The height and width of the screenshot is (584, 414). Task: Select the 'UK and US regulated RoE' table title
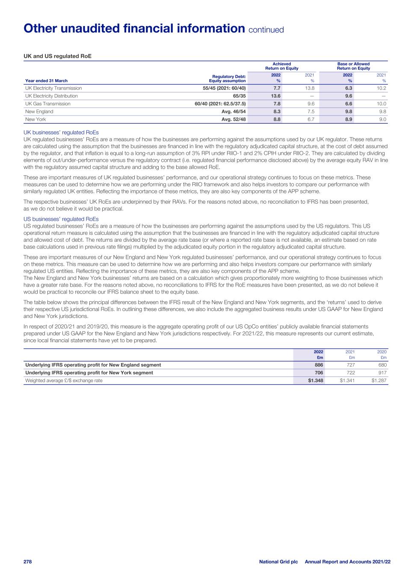(57, 56)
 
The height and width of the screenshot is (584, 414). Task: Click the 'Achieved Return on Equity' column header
(281, 66)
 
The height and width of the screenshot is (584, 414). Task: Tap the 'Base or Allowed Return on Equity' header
(353, 66)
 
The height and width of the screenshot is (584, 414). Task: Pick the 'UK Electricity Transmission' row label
(53, 88)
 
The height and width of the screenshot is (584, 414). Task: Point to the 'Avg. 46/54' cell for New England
(234, 112)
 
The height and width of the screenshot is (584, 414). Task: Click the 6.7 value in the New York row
(311, 119)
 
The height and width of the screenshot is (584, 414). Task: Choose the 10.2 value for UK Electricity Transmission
(382, 88)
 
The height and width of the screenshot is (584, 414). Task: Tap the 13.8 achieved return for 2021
(309, 88)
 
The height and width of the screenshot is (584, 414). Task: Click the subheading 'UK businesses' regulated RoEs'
(61, 133)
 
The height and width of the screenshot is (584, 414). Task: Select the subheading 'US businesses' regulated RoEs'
(61, 219)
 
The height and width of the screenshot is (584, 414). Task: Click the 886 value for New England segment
(319, 365)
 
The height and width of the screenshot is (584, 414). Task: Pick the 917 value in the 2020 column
(382, 373)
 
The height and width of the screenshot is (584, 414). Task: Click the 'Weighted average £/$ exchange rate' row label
(64, 380)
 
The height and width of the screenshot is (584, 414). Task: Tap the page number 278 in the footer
(28, 561)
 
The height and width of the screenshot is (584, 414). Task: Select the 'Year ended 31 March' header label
(46, 80)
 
